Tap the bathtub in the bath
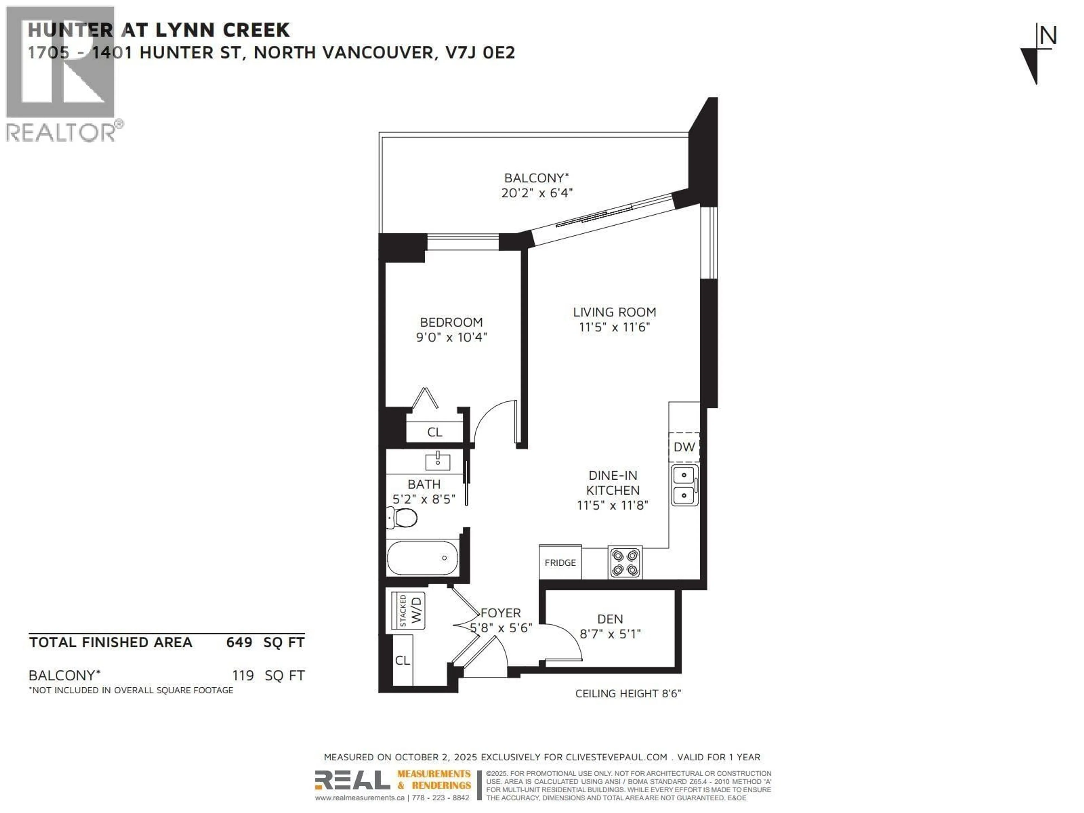(422, 558)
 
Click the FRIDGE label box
(560, 563)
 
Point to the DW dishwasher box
(684, 447)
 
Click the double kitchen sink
(684, 486)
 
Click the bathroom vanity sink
(438, 461)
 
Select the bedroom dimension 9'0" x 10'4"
(451, 337)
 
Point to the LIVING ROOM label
(614, 312)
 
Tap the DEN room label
(610, 619)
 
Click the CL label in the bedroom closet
(435, 432)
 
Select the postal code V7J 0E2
(480, 53)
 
